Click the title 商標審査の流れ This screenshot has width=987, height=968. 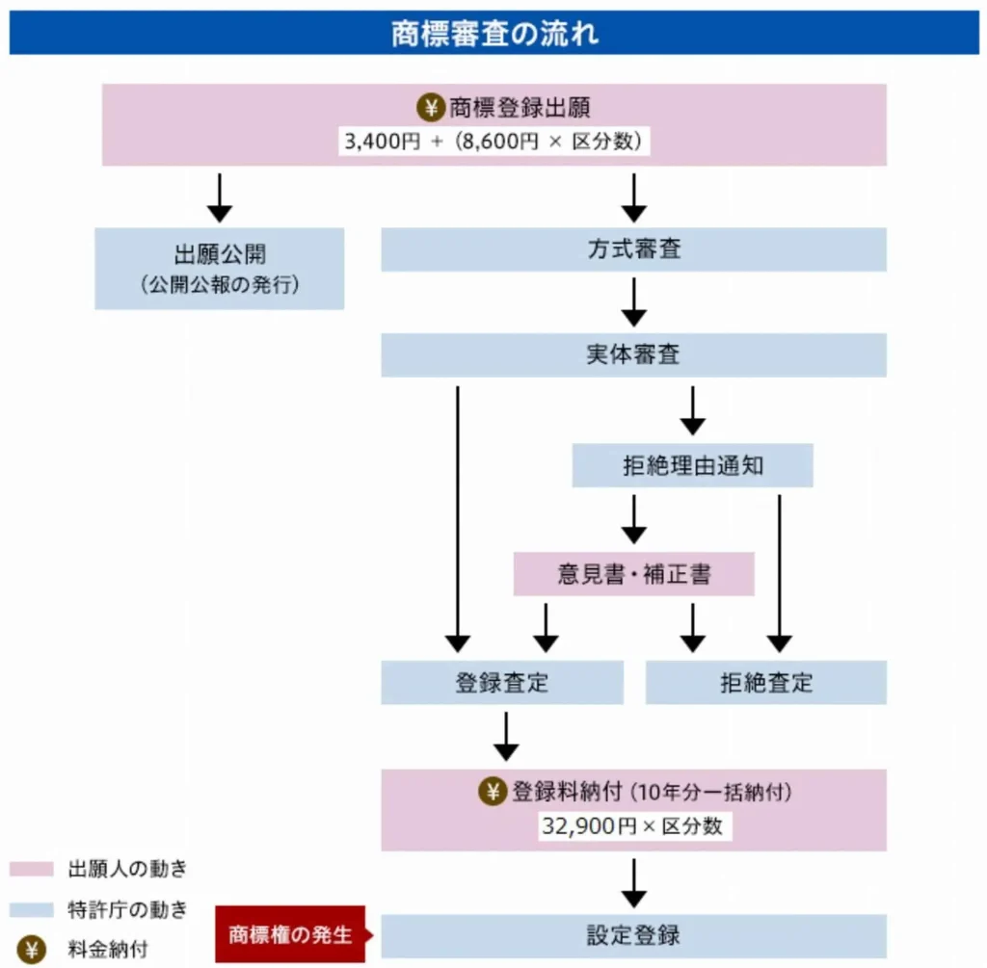(494, 34)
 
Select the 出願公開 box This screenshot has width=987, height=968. (219, 269)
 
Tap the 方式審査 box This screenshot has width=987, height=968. (634, 249)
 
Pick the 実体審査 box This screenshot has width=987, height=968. (634, 355)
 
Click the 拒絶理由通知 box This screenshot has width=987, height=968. (692, 465)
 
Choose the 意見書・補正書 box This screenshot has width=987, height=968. (634, 574)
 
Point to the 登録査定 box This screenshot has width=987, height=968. (502, 683)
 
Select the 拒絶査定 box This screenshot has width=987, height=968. (766, 683)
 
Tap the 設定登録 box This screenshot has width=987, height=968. (634, 936)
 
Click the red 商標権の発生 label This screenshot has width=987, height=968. (291, 934)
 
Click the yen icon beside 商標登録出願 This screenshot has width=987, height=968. (431, 108)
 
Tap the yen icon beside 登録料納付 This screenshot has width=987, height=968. (493, 792)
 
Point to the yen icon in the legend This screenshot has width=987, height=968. (32, 950)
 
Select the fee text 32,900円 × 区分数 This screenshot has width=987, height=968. (632, 825)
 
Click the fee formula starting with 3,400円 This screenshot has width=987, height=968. (493, 141)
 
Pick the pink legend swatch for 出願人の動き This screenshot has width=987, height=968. (32, 869)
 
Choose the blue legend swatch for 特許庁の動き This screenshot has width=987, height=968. (32, 909)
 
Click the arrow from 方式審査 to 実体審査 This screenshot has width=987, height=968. (634, 302)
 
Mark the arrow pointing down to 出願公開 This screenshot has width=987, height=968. (220, 198)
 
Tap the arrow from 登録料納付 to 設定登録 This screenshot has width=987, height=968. (634, 883)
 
